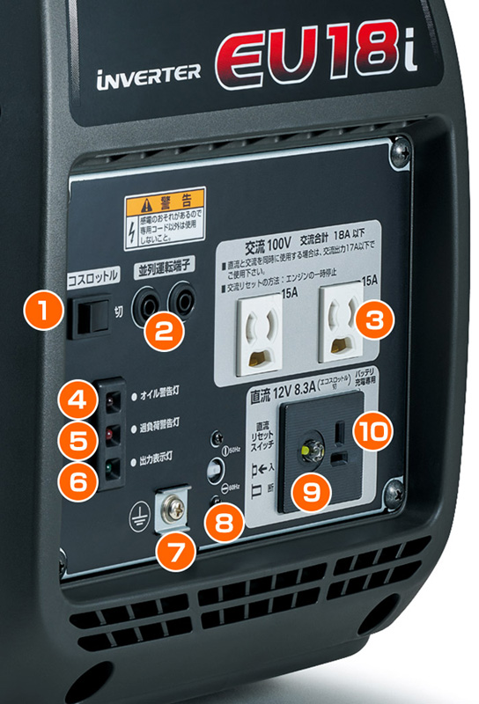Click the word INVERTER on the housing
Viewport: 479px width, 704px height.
point(147,77)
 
